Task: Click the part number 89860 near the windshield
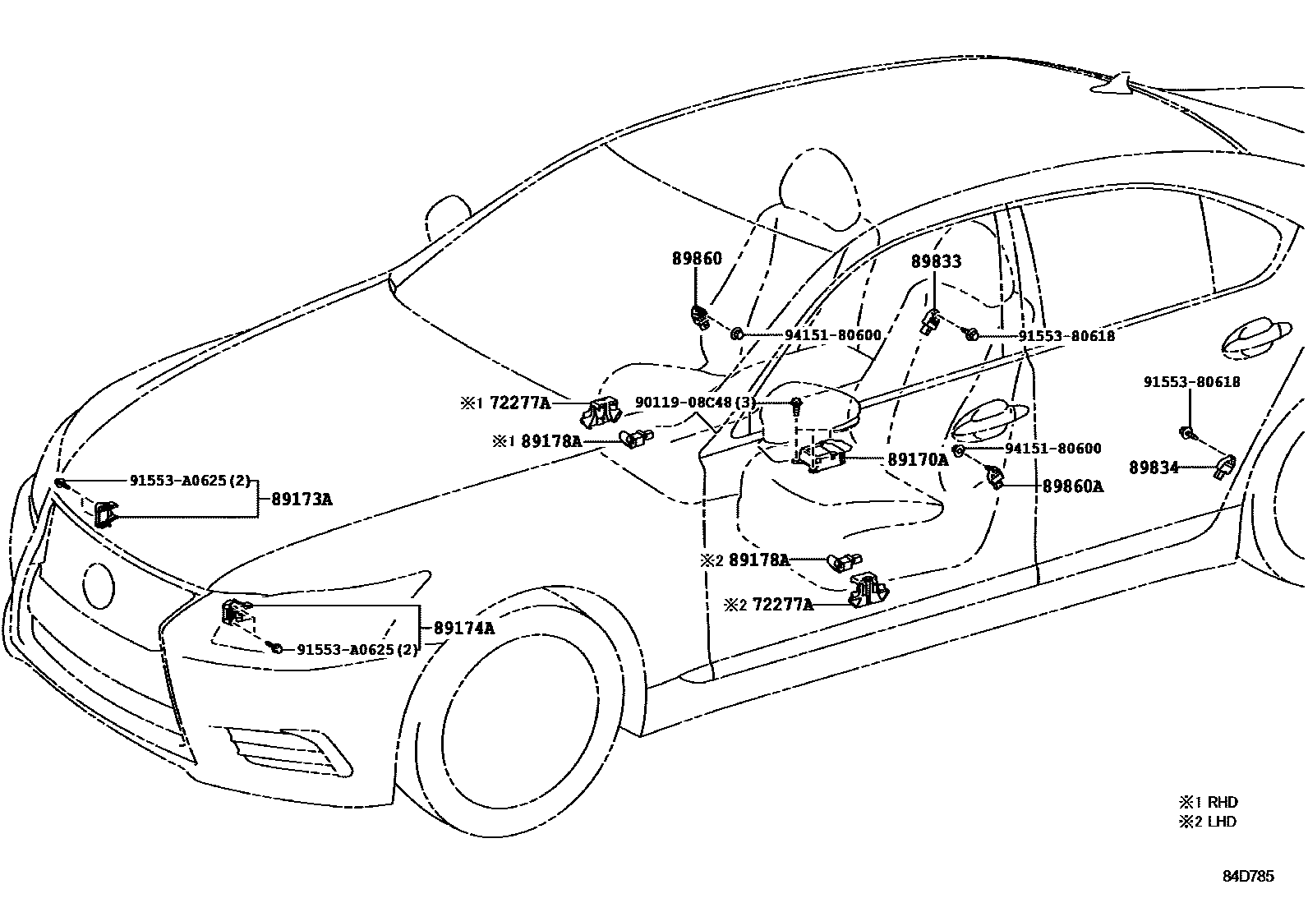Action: click(x=697, y=258)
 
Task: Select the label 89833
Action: click(x=936, y=261)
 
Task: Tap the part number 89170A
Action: click(x=918, y=460)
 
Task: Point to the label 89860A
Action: click(x=1072, y=486)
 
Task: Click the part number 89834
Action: click(x=1153, y=468)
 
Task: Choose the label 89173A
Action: click(x=297, y=499)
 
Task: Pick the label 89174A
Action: click(x=463, y=629)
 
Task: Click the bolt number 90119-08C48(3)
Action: click(x=695, y=403)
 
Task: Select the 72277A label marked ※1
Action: click(x=520, y=403)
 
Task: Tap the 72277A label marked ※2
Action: click(x=782, y=605)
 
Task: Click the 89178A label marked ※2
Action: click(x=758, y=560)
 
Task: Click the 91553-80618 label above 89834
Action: click(x=1192, y=382)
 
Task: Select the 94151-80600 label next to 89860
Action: click(x=832, y=335)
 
